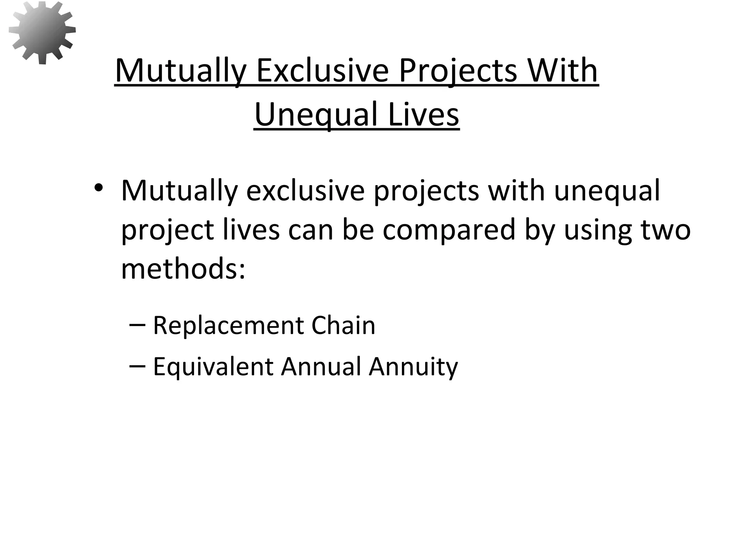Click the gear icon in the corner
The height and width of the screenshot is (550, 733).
click(42, 33)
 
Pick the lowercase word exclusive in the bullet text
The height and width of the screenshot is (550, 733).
click(305, 190)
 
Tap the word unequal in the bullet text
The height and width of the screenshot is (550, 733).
click(607, 190)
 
